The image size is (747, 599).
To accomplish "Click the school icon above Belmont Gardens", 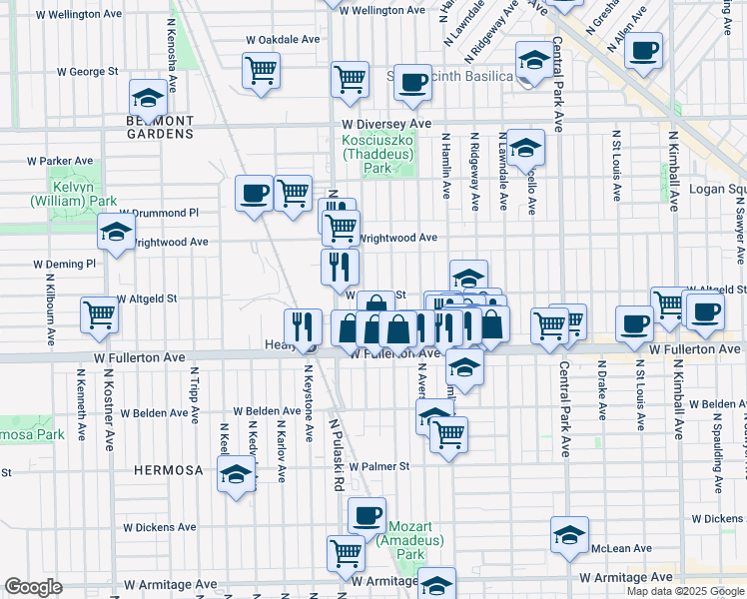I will pyautogui.click(x=149, y=99).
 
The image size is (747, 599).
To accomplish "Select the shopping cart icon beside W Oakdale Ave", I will pyautogui.click(x=261, y=70).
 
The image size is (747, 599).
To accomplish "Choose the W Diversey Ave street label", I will pyautogui.click(x=382, y=124).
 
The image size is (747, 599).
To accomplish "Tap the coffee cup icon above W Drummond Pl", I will pyautogui.click(x=254, y=192).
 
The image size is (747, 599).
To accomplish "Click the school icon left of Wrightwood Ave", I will pyautogui.click(x=116, y=234).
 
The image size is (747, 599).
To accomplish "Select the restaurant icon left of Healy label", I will pyautogui.click(x=304, y=325).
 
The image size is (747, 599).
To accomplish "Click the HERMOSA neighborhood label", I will pyautogui.click(x=169, y=469).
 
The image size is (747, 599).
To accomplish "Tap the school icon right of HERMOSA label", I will pyautogui.click(x=237, y=475).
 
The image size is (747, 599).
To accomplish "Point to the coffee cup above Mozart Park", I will pyautogui.click(x=367, y=515).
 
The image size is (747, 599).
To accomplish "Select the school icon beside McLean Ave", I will pyautogui.click(x=569, y=534).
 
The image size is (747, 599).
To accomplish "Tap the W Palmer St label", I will pyautogui.click(x=376, y=466).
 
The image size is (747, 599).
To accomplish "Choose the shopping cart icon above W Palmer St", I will pyautogui.click(x=449, y=433).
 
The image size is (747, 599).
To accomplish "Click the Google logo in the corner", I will pyautogui.click(x=34, y=587).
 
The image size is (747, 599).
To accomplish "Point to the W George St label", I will pyautogui.click(x=87, y=72).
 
